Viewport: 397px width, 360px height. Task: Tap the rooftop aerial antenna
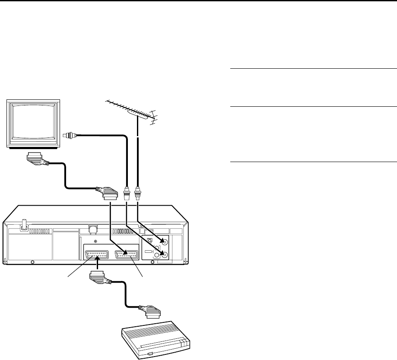pyautogui.click(x=130, y=111)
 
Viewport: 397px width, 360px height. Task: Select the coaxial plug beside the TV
pyautogui.click(x=69, y=136)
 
